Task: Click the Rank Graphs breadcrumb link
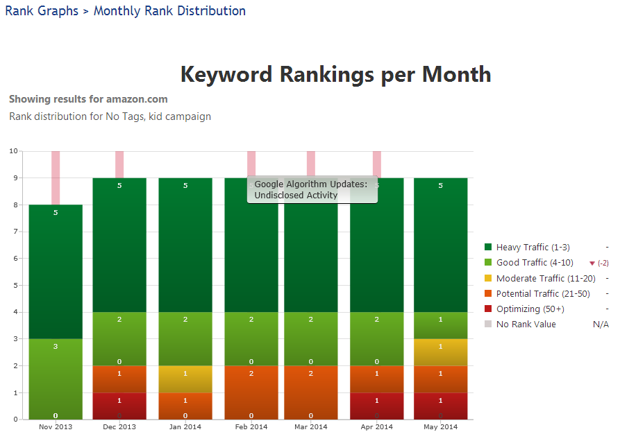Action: pos(42,11)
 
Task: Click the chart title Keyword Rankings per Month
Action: pos(335,74)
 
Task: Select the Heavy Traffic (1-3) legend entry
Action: pos(527,248)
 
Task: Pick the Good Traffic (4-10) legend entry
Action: pos(526,263)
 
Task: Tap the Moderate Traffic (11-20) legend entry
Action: pos(535,278)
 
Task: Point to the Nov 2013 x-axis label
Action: pos(56,427)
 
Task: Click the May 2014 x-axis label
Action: pos(440,427)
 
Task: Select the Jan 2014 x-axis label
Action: pos(185,427)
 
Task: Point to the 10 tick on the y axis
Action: pos(12,151)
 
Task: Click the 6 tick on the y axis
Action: pos(15,259)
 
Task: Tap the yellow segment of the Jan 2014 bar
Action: pos(185,379)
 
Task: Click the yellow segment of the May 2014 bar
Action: pos(440,352)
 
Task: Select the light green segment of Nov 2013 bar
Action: pos(56,379)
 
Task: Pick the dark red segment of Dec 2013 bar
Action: pos(119,406)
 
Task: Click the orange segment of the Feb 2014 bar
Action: pos(251,392)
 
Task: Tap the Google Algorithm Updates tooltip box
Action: pos(312,189)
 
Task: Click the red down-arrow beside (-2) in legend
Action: pos(592,263)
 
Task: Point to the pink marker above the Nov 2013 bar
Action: pos(56,178)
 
